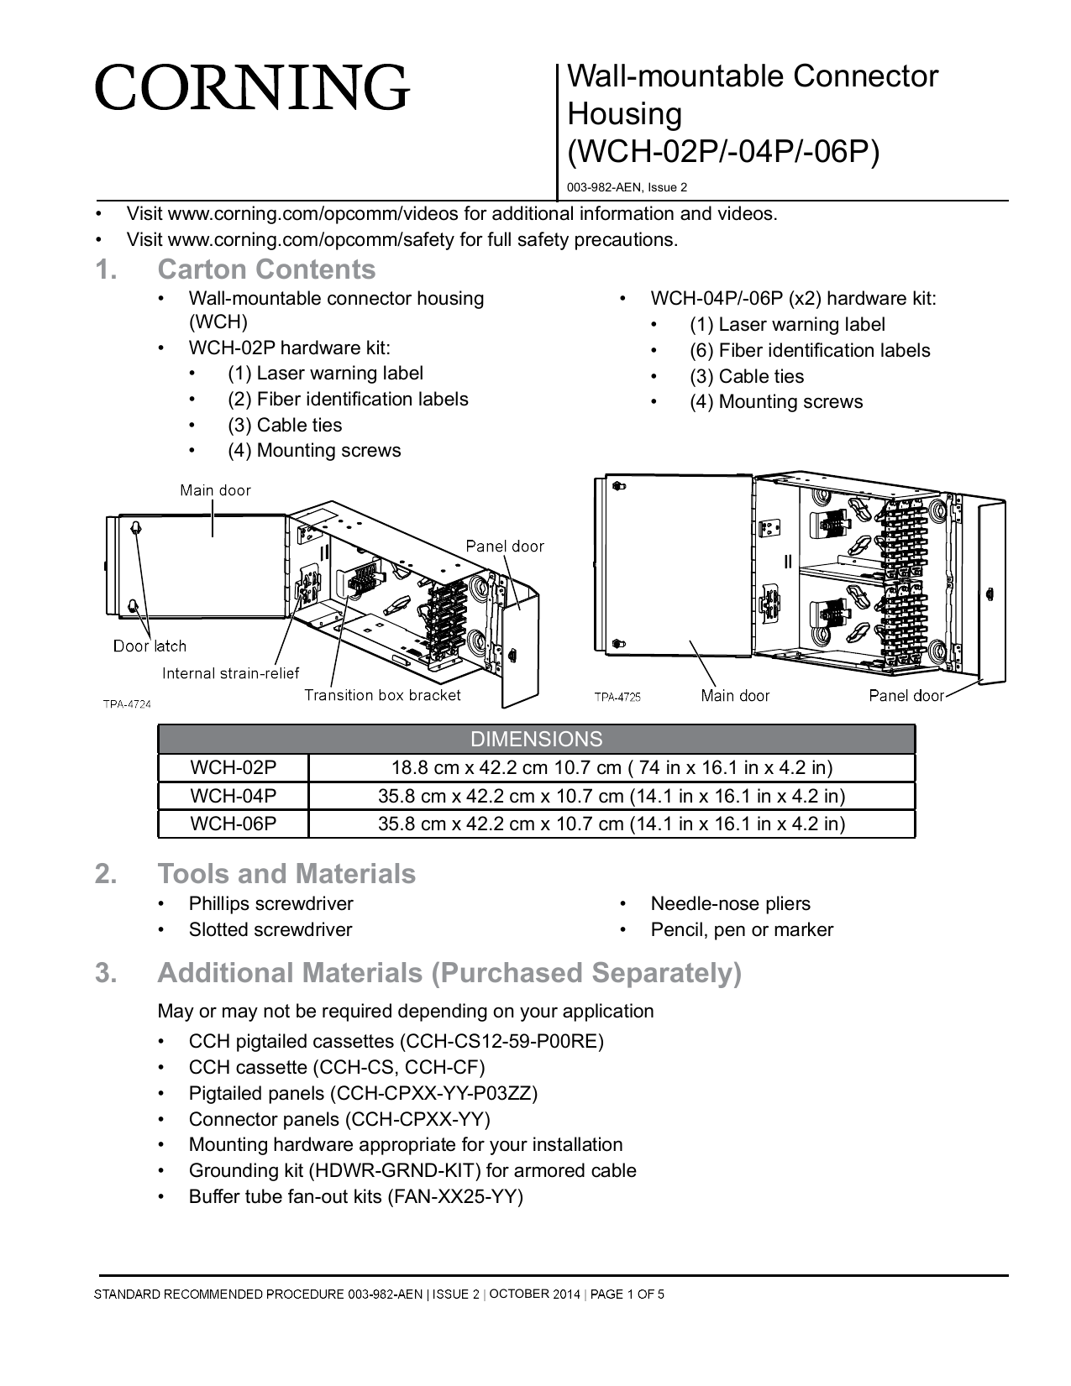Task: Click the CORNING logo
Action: (252, 88)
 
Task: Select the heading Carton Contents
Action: (266, 269)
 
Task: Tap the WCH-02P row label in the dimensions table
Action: (233, 768)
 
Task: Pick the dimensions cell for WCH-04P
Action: (612, 796)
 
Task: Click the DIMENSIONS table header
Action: (536, 740)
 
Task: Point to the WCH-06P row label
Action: (233, 824)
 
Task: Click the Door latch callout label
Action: (150, 646)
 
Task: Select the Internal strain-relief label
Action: (230, 673)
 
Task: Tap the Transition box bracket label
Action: (382, 695)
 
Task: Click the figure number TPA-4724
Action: (127, 704)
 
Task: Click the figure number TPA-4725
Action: (617, 697)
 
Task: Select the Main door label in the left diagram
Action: (215, 490)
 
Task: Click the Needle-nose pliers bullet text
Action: (730, 904)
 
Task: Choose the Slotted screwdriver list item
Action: (270, 930)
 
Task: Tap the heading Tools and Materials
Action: (286, 874)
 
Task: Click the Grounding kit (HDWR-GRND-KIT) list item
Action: (412, 1171)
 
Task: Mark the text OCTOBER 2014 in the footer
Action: (534, 1294)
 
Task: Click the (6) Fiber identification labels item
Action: (810, 351)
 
